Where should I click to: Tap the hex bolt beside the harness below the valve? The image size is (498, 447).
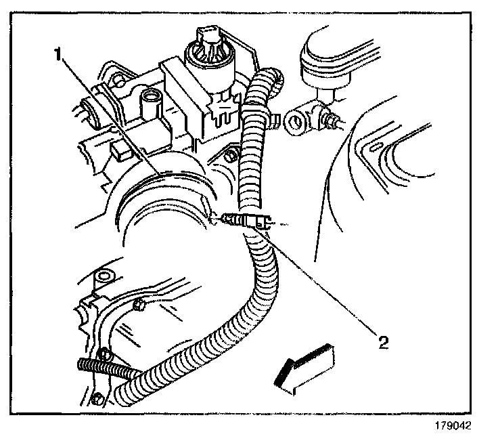[232, 158]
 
